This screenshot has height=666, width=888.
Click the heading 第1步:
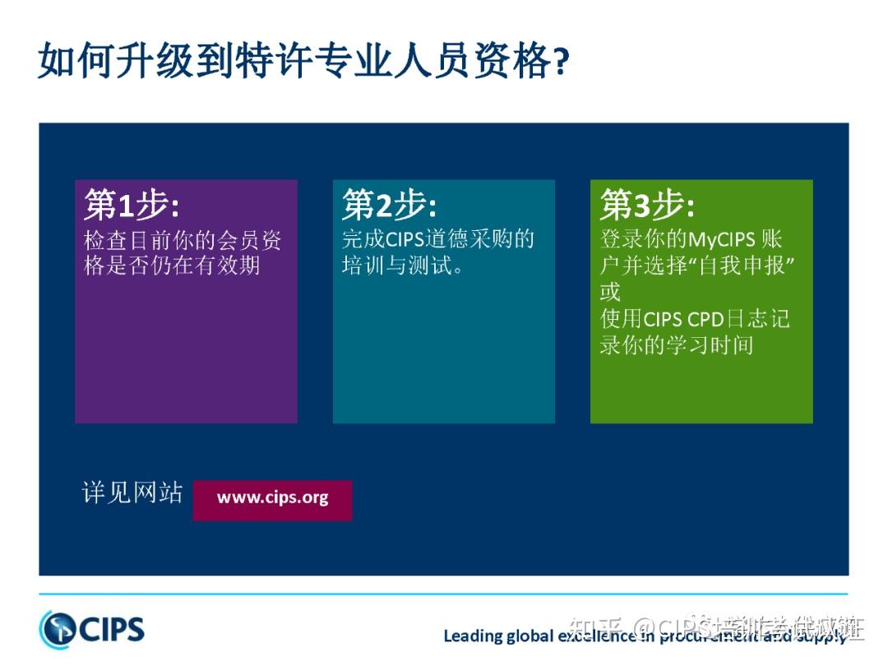coord(131,205)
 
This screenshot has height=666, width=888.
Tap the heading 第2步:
coord(389,205)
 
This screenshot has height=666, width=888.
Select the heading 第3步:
coord(647,205)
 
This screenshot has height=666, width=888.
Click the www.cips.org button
coord(272,498)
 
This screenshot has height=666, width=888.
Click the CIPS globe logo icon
coord(57,629)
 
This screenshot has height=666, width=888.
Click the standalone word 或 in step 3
coord(610,292)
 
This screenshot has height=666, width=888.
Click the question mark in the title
coord(559,62)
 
